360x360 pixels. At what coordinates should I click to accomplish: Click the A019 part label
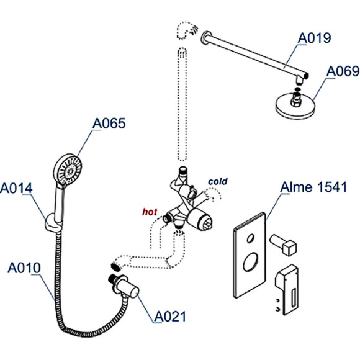[x=315, y=38]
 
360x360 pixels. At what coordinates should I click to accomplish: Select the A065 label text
[x=109, y=124]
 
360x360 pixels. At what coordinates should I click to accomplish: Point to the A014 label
[x=17, y=187]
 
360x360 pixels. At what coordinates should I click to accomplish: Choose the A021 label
[x=169, y=317]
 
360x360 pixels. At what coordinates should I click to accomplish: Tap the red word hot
[x=150, y=212]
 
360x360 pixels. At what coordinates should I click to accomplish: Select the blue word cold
[x=218, y=181]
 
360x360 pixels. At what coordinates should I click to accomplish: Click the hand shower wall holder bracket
[x=51, y=223]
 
